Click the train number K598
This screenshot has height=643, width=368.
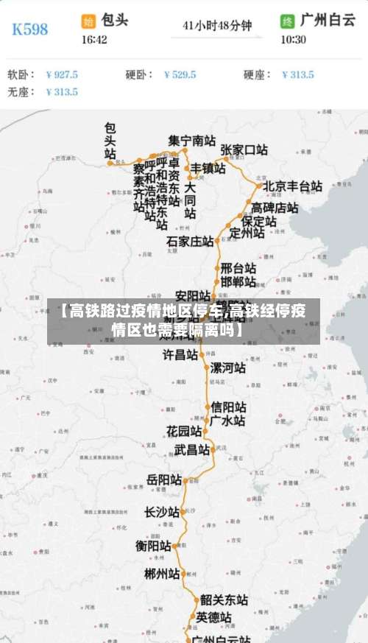pyautogui.click(x=30, y=29)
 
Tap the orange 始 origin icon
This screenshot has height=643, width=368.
pyautogui.click(x=88, y=21)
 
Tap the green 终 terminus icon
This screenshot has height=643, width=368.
pyautogui.click(x=287, y=21)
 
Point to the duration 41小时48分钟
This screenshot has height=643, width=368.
pyautogui.click(x=217, y=27)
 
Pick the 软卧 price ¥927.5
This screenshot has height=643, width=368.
pyautogui.click(x=61, y=74)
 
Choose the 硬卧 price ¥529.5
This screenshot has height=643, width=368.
pyautogui.click(x=180, y=74)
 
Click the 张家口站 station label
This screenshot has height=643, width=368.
pyautogui.click(x=244, y=150)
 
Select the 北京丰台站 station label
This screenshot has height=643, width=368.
pyautogui.click(x=292, y=186)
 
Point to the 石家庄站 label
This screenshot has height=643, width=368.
pyautogui.click(x=189, y=242)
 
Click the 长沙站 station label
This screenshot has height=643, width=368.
pyautogui.click(x=162, y=512)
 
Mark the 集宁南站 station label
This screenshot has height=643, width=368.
pyautogui.click(x=192, y=140)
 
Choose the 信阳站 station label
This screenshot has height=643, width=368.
pyautogui.click(x=228, y=407)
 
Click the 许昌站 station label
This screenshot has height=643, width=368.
pyautogui.click(x=180, y=355)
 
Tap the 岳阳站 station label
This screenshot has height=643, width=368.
pyautogui.click(x=164, y=480)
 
